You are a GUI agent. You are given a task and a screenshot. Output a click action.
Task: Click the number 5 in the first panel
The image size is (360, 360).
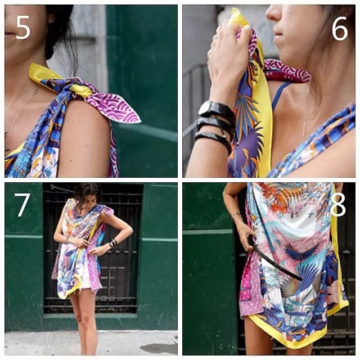pos(23,28)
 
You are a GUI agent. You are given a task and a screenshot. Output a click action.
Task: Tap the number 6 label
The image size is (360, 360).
pos(340,29)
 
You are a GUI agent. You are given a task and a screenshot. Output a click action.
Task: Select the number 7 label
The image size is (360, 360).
pos(22,205)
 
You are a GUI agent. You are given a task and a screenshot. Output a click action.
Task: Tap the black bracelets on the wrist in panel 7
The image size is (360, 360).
pos(112,243)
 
